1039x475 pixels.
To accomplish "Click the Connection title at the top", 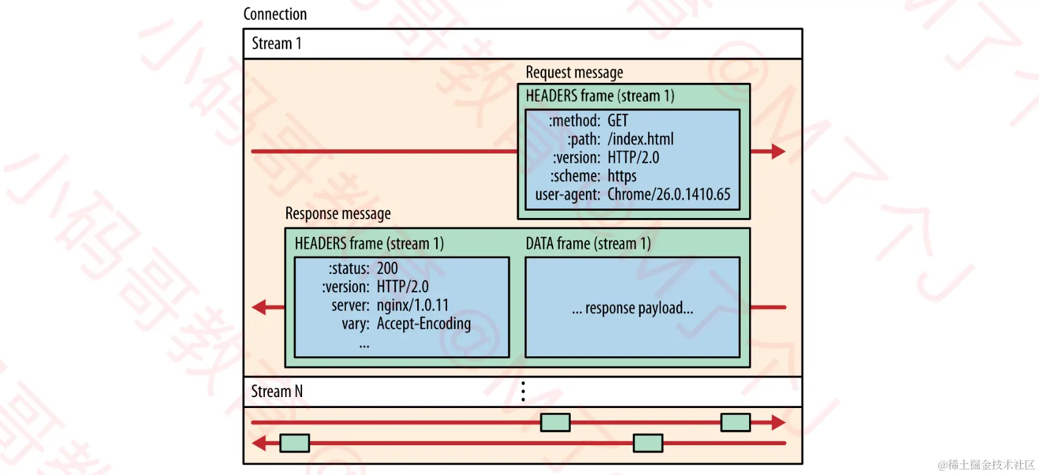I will pyautogui.click(x=275, y=14).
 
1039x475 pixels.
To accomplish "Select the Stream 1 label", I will pyautogui.click(x=276, y=44).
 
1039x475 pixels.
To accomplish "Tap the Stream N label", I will pyautogui.click(x=276, y=391).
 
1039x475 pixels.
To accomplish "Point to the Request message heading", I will pyautogui.click(x=574, y=72).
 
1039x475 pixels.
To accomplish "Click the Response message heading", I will pyautogui.click(x=338, y=214).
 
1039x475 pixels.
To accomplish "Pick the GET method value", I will pyautogui.click(x=618, y=121).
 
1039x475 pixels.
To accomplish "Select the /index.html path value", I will pyautogui.click(x=641, y=139).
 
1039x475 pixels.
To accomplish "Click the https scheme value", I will pyautogui.click(x=622, y=176).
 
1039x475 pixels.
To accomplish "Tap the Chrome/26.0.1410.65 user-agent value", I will pyautogui.click(x=669, y=194).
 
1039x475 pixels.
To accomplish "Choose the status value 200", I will pyautogui.click(x=387, y=269).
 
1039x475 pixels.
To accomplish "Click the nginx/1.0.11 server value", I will pyautogui.click(x=412, y=305).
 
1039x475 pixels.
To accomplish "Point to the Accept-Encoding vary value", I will pyautogui.click(x=424, y=323).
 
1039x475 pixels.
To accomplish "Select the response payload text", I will pyautogui.click(x=632, y=308).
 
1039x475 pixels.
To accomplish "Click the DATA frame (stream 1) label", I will pyautogui.click(x=588, y=244).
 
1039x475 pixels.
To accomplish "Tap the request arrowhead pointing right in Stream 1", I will pyautogui.click(x=778, y=152).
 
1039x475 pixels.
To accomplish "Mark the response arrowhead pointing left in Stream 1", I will pyautogui.click(x=260, y=307).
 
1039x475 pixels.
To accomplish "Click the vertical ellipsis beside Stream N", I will pyautogui.click(x=523, y=391).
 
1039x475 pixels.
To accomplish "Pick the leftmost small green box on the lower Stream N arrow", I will pyautogui.click(x=295, y=443).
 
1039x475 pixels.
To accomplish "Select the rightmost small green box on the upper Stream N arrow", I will pyautogui.click(x=735, y=422).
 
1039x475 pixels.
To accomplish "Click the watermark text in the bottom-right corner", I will pyautogui.click(x=986, y=465).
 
